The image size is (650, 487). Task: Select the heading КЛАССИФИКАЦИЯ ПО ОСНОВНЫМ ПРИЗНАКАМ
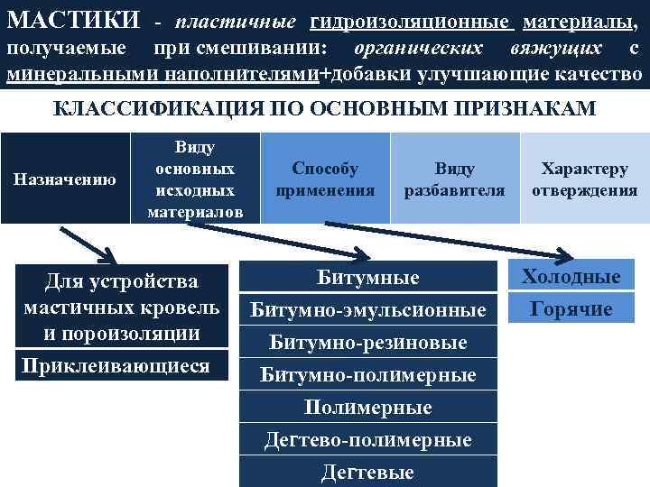point(325,110)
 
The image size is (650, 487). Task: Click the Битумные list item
point(368,277)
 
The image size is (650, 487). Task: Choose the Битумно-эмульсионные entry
point(368,310)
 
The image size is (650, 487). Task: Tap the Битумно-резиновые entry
point(368,343)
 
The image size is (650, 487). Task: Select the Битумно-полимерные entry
point(368,375)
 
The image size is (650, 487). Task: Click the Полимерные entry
point(368,408)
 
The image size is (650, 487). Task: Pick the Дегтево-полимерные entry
point(368,440)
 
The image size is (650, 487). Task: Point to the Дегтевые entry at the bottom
point(368,472)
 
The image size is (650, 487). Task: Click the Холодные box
point(571,277)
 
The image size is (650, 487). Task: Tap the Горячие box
point(571,309)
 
